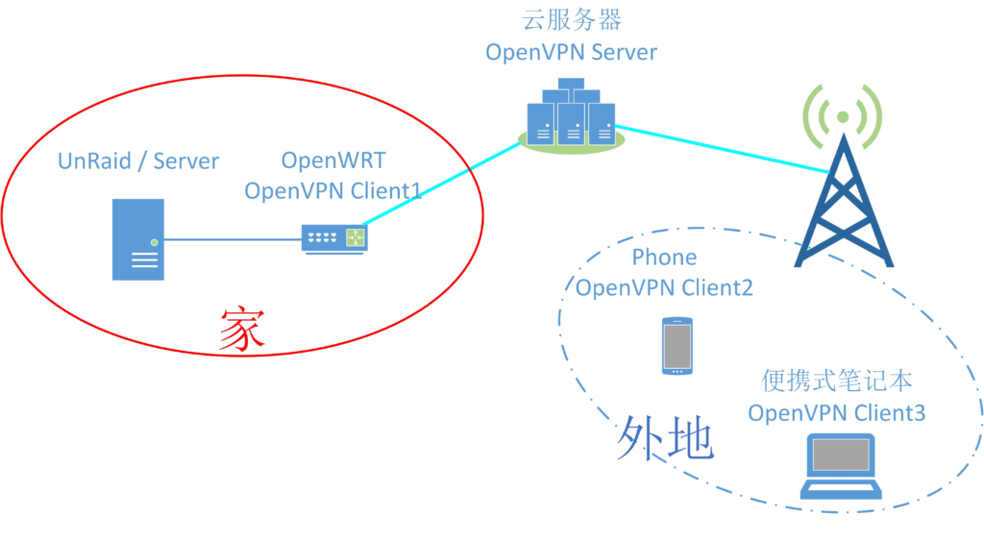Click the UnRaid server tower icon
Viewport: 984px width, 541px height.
(x=137, y=239)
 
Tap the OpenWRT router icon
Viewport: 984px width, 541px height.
(x=334, y=237)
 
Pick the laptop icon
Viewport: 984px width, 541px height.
(x=843, y=467)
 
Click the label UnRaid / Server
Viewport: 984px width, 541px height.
(x=138, y=161)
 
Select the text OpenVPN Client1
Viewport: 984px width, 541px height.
(x=332, y=190)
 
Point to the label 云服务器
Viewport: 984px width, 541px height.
(x=571, y=19)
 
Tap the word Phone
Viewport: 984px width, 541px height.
(x=664, y=258)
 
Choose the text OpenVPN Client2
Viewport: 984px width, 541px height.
(x=664, y=286)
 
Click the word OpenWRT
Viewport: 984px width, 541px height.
(x=332, y=160)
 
